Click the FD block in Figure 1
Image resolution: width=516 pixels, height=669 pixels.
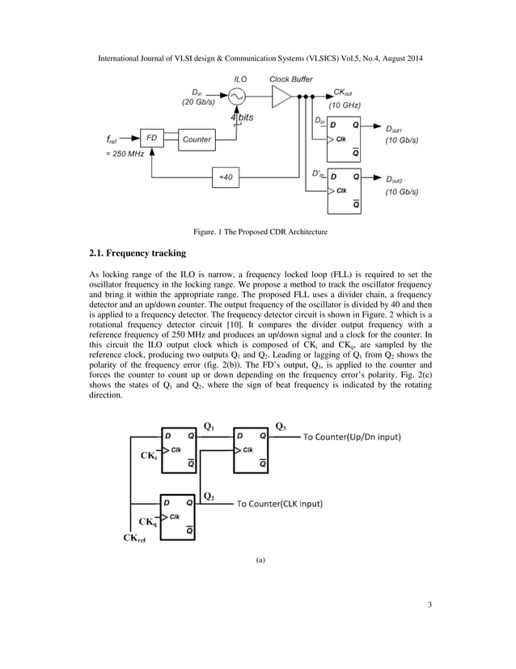point(150,139)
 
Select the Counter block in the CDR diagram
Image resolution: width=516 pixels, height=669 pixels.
point(197,139)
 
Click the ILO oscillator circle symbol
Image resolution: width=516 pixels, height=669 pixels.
point(237,97)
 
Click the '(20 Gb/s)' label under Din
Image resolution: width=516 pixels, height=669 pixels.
point(199,103)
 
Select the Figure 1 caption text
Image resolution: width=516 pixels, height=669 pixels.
point(258,232)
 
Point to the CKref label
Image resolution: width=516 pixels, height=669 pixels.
point(136,537)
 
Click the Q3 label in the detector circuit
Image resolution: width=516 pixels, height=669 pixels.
point(280,426)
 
